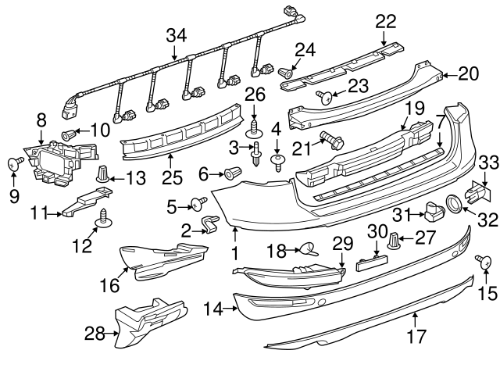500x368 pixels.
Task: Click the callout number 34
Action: (x=177, y=34)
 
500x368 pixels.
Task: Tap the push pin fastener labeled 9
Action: (x=13, y=164)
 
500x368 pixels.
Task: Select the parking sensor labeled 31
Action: (x=430, y=209)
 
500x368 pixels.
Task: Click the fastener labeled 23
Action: (x=325, y=98)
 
